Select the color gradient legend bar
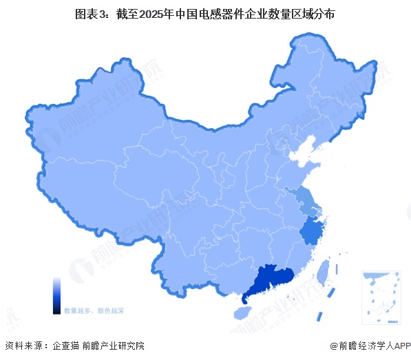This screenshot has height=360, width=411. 57,296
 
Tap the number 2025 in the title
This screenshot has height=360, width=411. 156,14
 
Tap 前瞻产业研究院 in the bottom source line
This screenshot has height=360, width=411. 114,346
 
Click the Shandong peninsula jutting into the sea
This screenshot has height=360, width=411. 310,169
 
